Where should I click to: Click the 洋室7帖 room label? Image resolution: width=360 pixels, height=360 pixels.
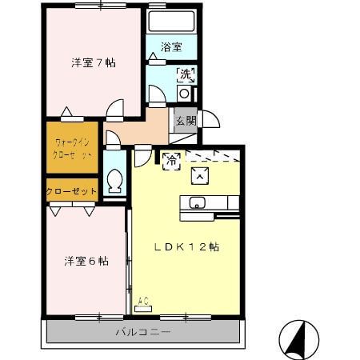tap(93, 63)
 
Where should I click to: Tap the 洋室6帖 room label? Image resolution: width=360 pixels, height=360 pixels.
tap(86, 261)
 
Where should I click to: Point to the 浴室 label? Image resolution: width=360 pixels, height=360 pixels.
tap(170, 47)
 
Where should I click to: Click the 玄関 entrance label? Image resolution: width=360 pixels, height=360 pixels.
tap(186, 121)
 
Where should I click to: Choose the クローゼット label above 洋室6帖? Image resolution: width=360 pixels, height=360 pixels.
tap(72, 191)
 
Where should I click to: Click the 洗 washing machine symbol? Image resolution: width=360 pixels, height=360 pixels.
tap(185, 75)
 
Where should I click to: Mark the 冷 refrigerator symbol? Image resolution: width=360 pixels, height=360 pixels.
tap(170, 160)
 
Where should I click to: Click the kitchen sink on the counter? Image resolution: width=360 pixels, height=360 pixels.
tap(197, 202)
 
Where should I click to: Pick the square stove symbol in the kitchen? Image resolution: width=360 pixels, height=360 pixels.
tap(200, 175)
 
